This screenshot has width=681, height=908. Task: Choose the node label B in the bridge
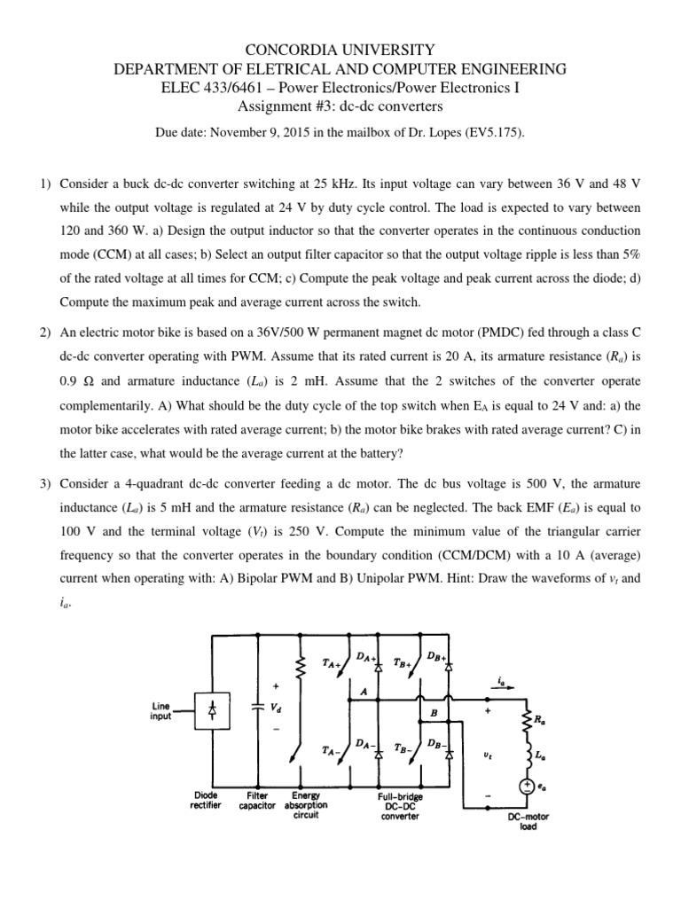(x=434, y=712)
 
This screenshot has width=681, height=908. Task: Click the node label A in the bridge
(x=364, y=691)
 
